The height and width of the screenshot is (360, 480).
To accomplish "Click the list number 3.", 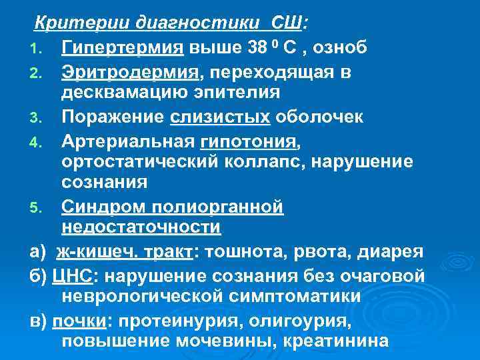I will pyautogui.click(x=39, y=118).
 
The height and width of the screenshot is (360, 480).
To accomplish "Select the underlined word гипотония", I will pyautogui.click(x=247, y=141).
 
